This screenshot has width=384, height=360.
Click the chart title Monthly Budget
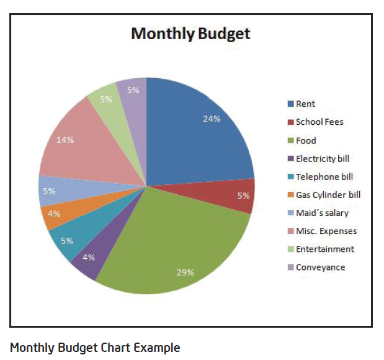click(x=190, y=34)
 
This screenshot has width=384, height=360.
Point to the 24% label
click(x=212, y=119)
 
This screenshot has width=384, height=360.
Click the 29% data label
click(x=185, y=272)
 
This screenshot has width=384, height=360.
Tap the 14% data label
click(x=65, y=140)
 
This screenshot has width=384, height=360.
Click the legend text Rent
click(x=305, y=104)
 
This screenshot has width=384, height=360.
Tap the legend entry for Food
click(x=306, y=140)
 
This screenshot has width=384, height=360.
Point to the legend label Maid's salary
click(x=322, y=213)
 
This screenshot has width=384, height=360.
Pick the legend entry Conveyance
click(x=320, y=268)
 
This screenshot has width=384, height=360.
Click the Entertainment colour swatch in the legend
click(x=290, y=250)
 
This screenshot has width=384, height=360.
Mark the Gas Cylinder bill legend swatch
click(x=290, y=195)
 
